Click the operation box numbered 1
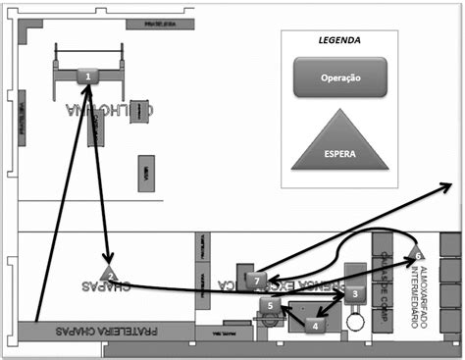point(88,76)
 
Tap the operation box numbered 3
point(354,293)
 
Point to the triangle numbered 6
point(418,253)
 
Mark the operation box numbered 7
point(256,281)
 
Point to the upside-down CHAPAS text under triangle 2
point(104,286)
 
